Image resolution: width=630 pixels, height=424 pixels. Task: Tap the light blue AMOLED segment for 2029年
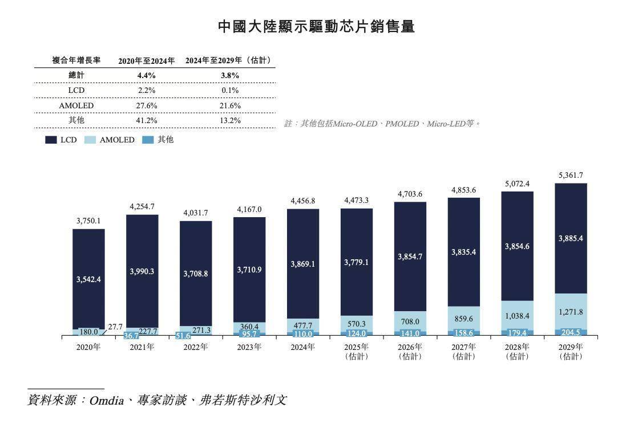click(x=571, y=311)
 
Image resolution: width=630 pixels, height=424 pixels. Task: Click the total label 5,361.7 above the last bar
click(x=571, y=175)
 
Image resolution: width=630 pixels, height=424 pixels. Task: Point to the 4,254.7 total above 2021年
click(x=142, y=206)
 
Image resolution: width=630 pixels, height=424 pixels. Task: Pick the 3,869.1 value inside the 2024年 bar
click(x=303, y=263)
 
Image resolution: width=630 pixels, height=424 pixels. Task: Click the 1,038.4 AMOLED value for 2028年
click(x=517, y=316)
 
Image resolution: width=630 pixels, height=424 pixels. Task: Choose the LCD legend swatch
click(x=51, y=140)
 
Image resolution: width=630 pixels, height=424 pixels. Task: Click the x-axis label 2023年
click(x=249, y=347)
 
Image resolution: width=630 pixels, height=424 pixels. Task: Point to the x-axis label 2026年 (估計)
click(x=410, y=351)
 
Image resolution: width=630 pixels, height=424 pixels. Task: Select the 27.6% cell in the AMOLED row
click(x=146, y=105)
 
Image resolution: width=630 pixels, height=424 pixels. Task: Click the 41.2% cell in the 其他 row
click(x=146, y=120)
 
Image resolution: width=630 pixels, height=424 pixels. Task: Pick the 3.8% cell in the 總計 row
click(x=230, y=75)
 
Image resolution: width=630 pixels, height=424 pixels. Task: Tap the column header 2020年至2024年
click(x=147, y=60)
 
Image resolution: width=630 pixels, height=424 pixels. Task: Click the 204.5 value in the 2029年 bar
click(x=571, y=332)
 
